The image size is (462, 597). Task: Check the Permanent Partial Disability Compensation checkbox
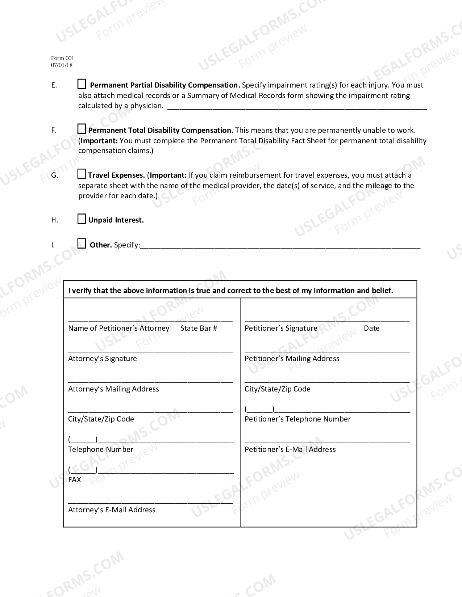click(x=82, y=84)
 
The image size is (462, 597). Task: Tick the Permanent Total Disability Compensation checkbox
click(x=82, y=129)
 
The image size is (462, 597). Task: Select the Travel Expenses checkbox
click(x=82, y=174)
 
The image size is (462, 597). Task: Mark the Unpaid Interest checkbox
click(x=82, y=219)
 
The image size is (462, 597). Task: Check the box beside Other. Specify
click(x=82, y=244)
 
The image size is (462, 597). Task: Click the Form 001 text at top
click(x=62, y=58)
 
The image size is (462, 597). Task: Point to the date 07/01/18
click(x=62, y=65)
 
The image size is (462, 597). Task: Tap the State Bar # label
click(x=199, y=328)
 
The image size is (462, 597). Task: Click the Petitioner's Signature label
click(x=281, y=328)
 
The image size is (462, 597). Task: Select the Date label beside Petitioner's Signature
click(x=371, y=328)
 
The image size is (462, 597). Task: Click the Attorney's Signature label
click(x=103, y=359)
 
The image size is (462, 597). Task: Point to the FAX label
click(x=75, y=480)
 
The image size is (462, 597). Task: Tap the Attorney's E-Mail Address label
click(x=112, y=510)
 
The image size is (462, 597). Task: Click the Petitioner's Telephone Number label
click(x=297, y=419)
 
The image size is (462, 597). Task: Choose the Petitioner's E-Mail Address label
click(x=290, y=449)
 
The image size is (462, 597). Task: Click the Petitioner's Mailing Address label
click(x=292, y=359)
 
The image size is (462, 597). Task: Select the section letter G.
click(x=54, y=175)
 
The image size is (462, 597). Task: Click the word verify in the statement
click(x=82, y=291)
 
